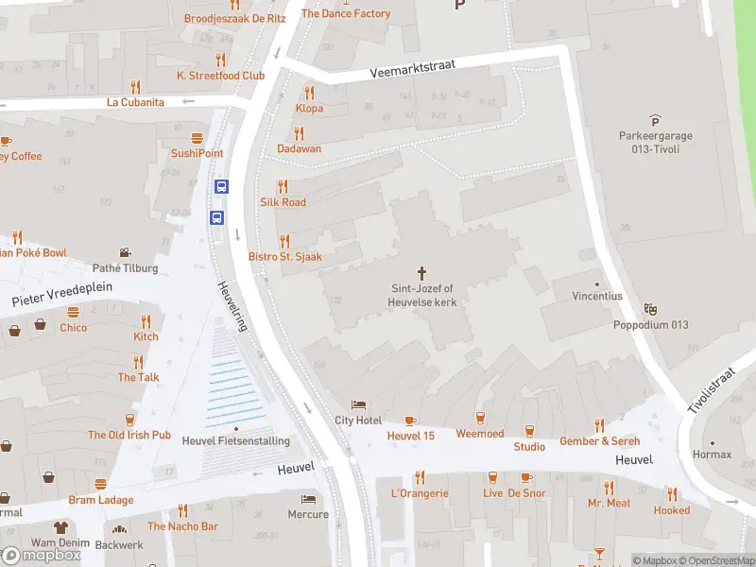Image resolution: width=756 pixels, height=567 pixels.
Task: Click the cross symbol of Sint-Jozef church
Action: point(421,272)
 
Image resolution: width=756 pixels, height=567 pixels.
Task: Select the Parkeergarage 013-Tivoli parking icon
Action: point(656,120)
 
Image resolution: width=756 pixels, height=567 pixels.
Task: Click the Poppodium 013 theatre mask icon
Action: point(649,309)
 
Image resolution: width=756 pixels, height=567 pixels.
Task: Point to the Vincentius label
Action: point(597,296)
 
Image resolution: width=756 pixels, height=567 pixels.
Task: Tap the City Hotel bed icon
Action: point(358,404)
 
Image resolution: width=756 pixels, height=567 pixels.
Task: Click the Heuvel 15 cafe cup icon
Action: point(410,421)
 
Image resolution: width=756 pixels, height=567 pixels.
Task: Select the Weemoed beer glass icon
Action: point(480,419)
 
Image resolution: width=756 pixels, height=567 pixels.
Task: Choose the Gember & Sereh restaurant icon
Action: point(599,425)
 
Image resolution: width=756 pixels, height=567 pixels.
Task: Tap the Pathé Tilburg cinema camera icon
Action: point(125,253)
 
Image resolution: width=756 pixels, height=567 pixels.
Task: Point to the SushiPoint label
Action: point(197,153)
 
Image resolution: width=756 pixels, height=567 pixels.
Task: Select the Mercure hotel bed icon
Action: point(308,499)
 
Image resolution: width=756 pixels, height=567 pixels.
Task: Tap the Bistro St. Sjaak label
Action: point(284,257)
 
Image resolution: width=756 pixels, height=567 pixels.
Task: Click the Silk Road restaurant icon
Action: point(283,186)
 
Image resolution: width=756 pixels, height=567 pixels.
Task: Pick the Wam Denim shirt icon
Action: point(60,527)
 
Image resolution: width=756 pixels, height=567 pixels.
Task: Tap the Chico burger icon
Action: point(73,312)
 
